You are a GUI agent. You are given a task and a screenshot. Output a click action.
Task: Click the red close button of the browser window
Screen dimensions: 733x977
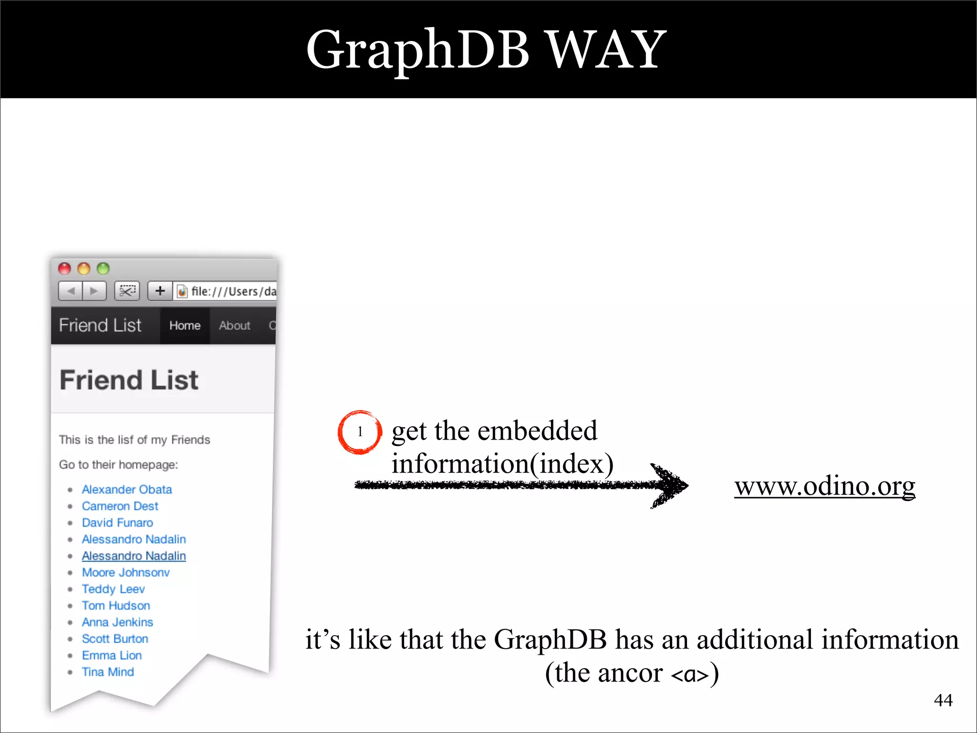coord(64,269)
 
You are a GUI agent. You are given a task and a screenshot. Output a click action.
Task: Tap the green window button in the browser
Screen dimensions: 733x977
coord(103,269)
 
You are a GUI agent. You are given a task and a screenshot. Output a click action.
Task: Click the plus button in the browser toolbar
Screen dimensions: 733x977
coord(160,291)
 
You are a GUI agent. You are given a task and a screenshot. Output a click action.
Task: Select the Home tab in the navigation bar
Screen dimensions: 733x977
coord(185,325)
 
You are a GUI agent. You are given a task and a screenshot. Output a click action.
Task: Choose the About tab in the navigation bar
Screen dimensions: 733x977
coord(234,325)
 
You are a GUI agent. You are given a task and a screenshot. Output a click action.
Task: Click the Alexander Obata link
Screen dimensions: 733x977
coord(126,489)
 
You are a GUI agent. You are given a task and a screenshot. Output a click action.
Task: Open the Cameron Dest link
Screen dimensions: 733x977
coord(120,506)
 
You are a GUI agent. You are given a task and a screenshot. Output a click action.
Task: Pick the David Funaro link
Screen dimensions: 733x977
coord(117,523)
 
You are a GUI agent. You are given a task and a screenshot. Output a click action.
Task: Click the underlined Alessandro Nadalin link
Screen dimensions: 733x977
coord(134,556)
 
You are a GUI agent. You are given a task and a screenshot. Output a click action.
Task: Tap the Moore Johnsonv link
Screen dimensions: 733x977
coord(125,572)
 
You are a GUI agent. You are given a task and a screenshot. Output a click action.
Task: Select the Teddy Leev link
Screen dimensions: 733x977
coord(113,589)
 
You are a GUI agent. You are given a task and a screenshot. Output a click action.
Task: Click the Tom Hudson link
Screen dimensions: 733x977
coord(116,606)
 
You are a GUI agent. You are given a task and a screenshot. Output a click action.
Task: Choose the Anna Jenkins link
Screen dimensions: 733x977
coord(117,622)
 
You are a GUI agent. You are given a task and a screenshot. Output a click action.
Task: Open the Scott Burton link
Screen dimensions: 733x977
coord(115,639)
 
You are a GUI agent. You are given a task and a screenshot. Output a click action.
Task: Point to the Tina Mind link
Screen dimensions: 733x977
coord(108,672)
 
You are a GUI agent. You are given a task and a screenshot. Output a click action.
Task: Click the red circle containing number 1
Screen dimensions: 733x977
coord(360,432)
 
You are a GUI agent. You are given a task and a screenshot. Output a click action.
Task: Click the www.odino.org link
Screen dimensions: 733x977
coord(824,486)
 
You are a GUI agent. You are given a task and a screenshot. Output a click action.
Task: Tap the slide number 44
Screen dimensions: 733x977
coord(943,700)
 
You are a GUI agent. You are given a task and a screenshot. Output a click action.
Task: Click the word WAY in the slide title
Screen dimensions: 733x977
coord(606,49)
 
